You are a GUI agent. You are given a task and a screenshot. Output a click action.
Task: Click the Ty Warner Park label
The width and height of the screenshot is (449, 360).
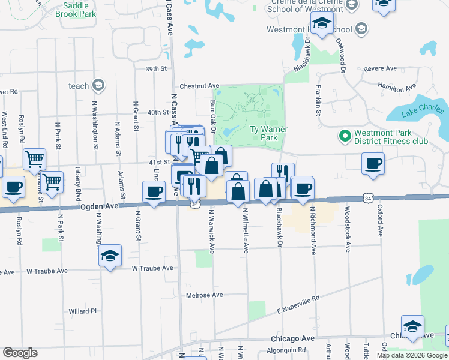pyautogui.click(x=268, y=133)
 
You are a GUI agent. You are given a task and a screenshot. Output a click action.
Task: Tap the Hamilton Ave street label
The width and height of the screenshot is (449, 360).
pyautogui.click(x=397, y=87)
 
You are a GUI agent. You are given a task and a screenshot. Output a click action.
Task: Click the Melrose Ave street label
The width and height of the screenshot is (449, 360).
pyautogui.click(x=205, y=295)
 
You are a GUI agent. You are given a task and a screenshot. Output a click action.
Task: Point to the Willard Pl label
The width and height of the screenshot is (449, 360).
pyautogui.click(x=82, y=311)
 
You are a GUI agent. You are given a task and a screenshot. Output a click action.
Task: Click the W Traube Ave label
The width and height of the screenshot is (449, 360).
pyautogui.click(x=152, y=268)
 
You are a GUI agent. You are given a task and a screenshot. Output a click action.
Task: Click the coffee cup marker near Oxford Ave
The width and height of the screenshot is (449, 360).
pyautogui.click(x=373, y=163)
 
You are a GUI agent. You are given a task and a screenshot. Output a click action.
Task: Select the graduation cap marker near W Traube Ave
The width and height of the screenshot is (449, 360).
pyautogui.click(x=110, y=256)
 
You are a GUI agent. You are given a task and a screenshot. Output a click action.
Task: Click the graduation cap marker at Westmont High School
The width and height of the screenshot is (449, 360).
pyautogui.click(x=322, y=25)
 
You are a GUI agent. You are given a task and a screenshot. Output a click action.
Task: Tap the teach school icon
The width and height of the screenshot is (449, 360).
pyautogui.click(x=97, y=86)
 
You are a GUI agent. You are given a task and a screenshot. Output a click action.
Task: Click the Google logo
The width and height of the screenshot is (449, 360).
pyautogui.click(x=20, y=353)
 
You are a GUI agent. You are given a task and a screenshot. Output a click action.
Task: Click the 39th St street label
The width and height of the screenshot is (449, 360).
pyautogui.click(x=155, y=69)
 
